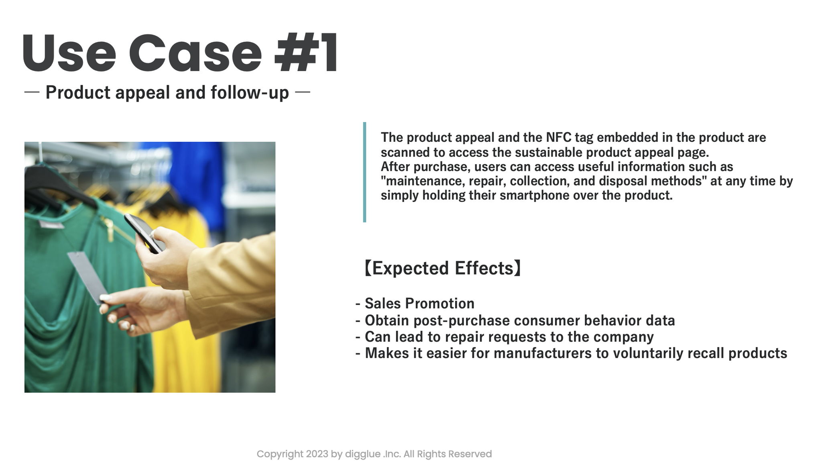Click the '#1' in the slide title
[x=306, y=53]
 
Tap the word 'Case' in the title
[x=195, y=53]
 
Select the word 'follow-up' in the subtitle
[x=250, y=92]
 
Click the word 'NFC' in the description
[x=558, y=137]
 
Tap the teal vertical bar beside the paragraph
[x=364, y=172]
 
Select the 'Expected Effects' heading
[x=443, y=268]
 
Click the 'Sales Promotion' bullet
[x=419, y=303]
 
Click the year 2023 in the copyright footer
[x=317, y=454]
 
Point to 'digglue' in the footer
[x=363, y=454]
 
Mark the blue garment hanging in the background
[x=197, y=177]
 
